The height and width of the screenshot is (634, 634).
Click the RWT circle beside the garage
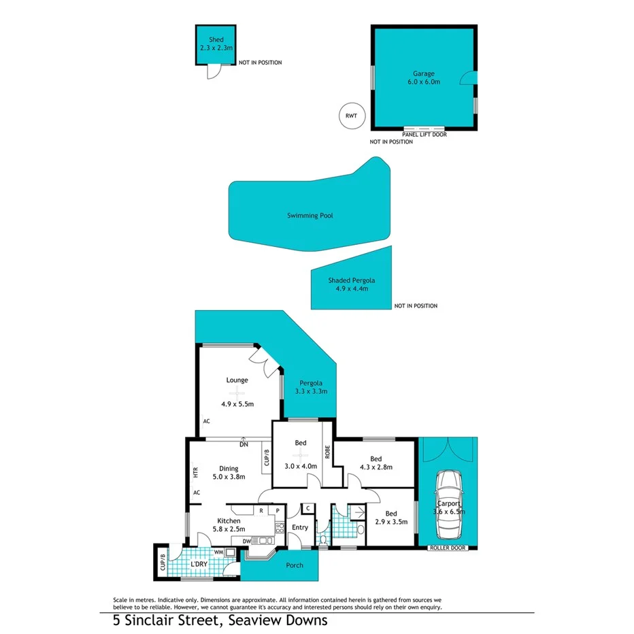click(351, 116)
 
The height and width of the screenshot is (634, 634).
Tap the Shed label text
click(216, 40)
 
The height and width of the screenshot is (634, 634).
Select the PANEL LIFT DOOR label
click(424, 135)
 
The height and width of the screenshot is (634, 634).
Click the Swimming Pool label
click(310, 216)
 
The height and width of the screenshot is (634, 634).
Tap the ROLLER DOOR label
click(447, 548)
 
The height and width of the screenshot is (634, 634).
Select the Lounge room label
click(237, 380)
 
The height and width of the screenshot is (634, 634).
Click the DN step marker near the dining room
click(243, 445)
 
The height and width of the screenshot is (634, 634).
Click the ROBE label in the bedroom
click(327, 453)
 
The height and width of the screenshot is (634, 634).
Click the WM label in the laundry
click(219, 552)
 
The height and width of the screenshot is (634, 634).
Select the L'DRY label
click(199, 565)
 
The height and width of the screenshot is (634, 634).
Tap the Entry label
click(299, 527)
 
